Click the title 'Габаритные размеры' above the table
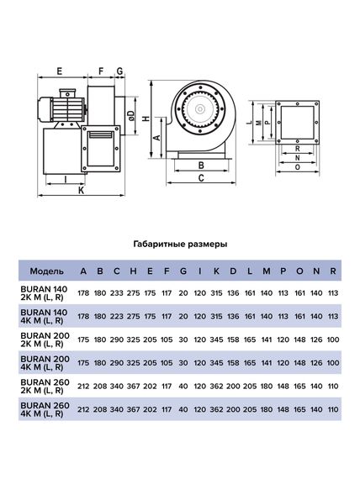coord(179,245)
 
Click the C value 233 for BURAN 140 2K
coord(117,293)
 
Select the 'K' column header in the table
coord(216,271)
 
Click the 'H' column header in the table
coord(133,271)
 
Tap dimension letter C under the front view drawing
coord(201,179)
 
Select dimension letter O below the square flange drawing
coord(299,166)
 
